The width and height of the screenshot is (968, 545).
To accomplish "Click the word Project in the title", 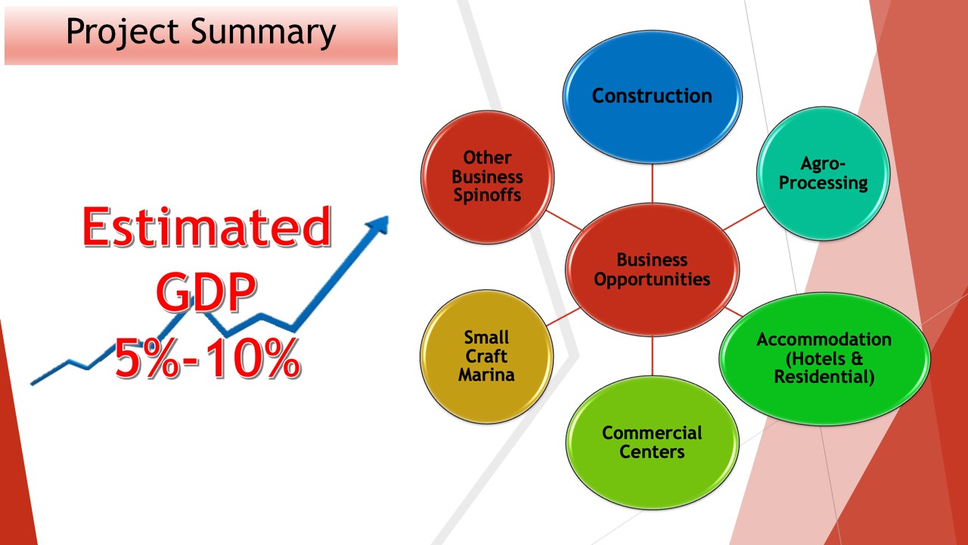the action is [x=123, y=32].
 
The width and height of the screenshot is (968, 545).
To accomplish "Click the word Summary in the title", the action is [x=263, y=33].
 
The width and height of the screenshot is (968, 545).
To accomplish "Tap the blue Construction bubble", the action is [x=652, y=97].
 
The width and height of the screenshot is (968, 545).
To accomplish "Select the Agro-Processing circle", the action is [x=824, y=173].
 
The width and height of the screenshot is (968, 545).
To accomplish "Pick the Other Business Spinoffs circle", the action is [x=487, y=177].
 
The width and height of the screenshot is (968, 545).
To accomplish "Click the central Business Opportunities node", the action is [x=652, y=269].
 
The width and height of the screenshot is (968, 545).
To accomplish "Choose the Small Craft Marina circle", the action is [x=486, y=357].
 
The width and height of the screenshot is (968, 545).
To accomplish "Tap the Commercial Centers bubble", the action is [x=652, y=442].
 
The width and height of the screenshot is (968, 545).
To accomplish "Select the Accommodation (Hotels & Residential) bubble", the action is [x=824, y=359].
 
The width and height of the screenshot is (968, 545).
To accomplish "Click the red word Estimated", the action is [x=206, y=226].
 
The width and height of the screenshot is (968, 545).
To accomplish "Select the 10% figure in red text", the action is [x=253, y=358].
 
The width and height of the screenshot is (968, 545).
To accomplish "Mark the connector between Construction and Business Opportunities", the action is [x=652, y=183].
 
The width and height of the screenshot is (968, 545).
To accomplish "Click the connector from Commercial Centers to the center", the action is [x=652, y=356].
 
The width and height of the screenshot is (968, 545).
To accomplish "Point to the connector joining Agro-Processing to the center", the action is [x=743, y=219].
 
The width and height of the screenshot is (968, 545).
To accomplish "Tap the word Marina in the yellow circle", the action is [x=486, y=375].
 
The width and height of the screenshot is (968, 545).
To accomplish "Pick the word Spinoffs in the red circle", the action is [x=487, y=195].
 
